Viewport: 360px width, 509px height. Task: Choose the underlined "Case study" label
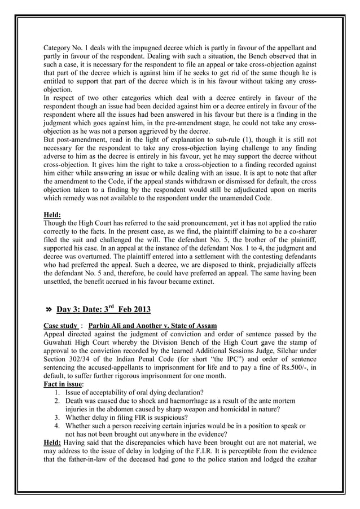[x=60, y=326]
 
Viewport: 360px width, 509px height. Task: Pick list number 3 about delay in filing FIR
[x=58, y=418]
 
